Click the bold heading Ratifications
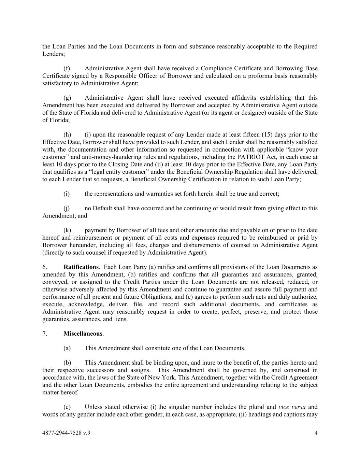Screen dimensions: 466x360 [x=81, y=267]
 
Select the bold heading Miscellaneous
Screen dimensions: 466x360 [x=83, y=334]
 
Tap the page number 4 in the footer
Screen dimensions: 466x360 [x=316, y=433]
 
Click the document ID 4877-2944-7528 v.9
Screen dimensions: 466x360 [x=66, y=433]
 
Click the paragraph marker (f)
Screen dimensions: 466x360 [x=67, y=68]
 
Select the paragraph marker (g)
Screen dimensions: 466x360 [x=67, y=98]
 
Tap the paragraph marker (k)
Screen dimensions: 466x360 [x=67, y=230]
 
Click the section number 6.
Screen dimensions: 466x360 [x=45, y=267]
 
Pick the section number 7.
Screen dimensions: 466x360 [x=45, y=334]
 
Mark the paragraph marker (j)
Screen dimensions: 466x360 [x=67, y=208]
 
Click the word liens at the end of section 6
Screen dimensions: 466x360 [x=121, y=319]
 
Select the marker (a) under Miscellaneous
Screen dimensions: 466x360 [x=67, y=348]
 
